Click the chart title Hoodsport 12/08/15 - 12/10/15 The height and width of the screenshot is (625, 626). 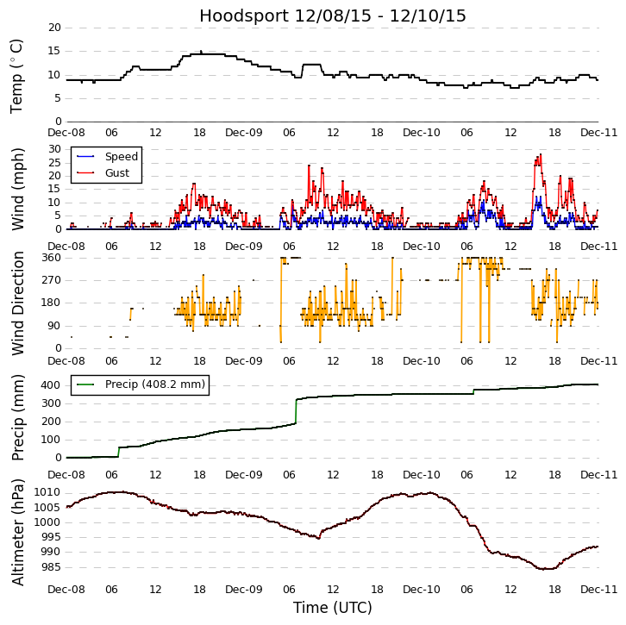coord(333,16)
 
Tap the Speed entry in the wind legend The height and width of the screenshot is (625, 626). coord(121,157)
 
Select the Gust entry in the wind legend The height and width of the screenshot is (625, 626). coord(117,172)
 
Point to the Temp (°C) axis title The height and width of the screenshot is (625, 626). coord(16,75)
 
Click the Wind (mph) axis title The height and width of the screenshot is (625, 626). coord(17,188)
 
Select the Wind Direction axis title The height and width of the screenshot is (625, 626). coord(17,303)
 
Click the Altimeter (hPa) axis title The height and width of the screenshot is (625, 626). coord(17,532)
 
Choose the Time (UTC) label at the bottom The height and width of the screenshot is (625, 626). coord(333,608)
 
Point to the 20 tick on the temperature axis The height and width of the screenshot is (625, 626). coord(54,28)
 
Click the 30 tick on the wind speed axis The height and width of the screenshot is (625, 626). coord(54,149)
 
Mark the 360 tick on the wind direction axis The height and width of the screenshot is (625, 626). coord(51,257)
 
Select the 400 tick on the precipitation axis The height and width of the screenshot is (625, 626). coord(51,384)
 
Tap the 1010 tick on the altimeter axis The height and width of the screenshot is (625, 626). coord(47,492)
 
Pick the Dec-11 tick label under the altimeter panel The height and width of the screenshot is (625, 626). coord(598,589)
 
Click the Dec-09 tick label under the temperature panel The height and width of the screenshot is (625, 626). coord(244,134)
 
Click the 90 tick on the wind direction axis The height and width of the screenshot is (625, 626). coord(54,326)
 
